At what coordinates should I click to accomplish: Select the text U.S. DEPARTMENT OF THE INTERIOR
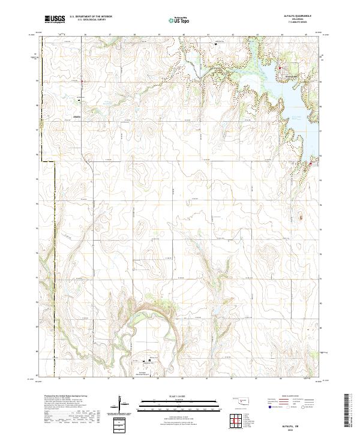click(91, 17)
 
